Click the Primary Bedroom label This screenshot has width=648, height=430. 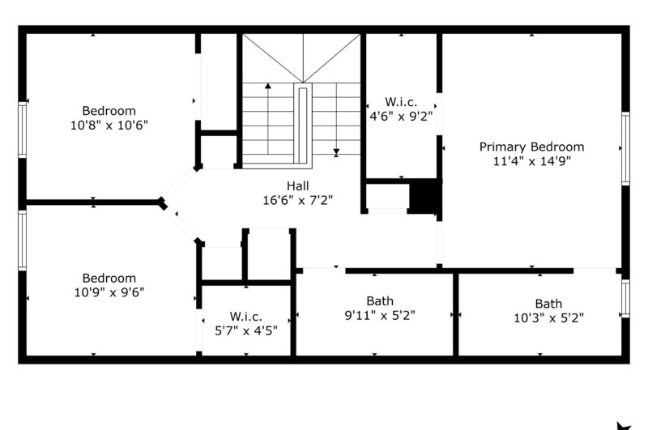click(531, 147)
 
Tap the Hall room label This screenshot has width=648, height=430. click(297, 186)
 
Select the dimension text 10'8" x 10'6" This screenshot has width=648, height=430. click(109, 125)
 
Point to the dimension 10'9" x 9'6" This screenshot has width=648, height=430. click(109, 292)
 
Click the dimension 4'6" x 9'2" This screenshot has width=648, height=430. click(401, 116)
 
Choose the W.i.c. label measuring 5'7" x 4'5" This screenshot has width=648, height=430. click(246, 317)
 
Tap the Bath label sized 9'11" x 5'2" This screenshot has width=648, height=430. click(380, 300)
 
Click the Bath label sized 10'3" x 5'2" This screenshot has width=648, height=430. click(548, 304)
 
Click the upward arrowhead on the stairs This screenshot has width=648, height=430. click(268, 86)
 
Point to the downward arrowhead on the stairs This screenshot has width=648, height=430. click(336, 151)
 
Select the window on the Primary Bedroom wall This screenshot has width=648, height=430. click(625, 148)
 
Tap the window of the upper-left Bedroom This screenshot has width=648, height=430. click(23, 130)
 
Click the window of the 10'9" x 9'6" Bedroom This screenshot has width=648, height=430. click(23, 241)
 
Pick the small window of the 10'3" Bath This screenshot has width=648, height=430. click(625, 299)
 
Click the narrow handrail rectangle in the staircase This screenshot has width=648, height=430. click(302, 126)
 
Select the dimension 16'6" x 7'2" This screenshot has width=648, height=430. click(297, 200)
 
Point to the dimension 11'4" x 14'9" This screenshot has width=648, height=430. click(531, 160)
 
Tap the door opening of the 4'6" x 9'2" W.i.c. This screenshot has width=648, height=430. click(439, 114)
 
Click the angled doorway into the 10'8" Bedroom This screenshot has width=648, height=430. click(179, 183)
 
